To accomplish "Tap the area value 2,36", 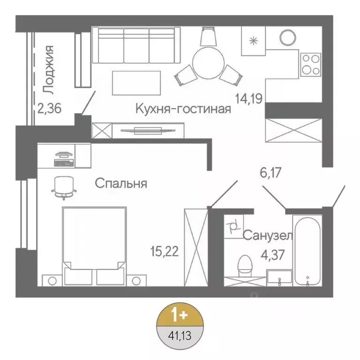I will coord(49,109).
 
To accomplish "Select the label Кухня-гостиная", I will coord(183,109).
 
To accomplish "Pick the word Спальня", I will coord(121,183).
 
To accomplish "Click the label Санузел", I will coord(268,235).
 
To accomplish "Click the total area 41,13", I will coord(180,335).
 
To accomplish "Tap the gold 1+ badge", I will coord(180,315).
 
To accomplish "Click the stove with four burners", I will coord(310,64).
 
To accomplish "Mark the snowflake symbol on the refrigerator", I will coord(254,41).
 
